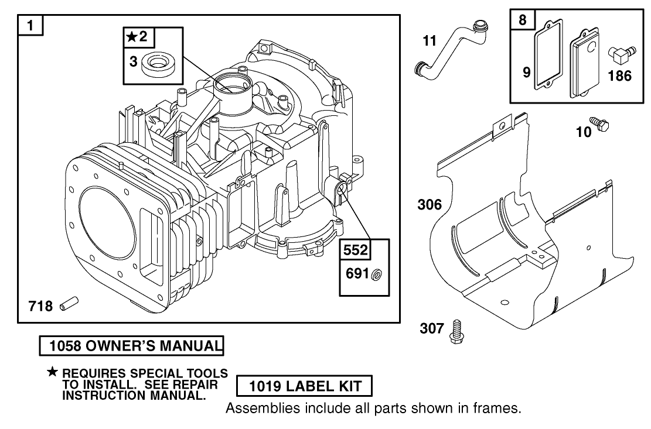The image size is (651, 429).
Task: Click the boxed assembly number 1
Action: tap(30, 26)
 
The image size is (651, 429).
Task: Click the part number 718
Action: tap(40, 306)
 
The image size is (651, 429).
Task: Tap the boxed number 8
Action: tap(523, 20)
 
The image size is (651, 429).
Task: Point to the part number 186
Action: tap(619, 76)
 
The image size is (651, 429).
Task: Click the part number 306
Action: tap(430, 205)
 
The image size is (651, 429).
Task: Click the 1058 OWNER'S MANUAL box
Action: tap(131, 346)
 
